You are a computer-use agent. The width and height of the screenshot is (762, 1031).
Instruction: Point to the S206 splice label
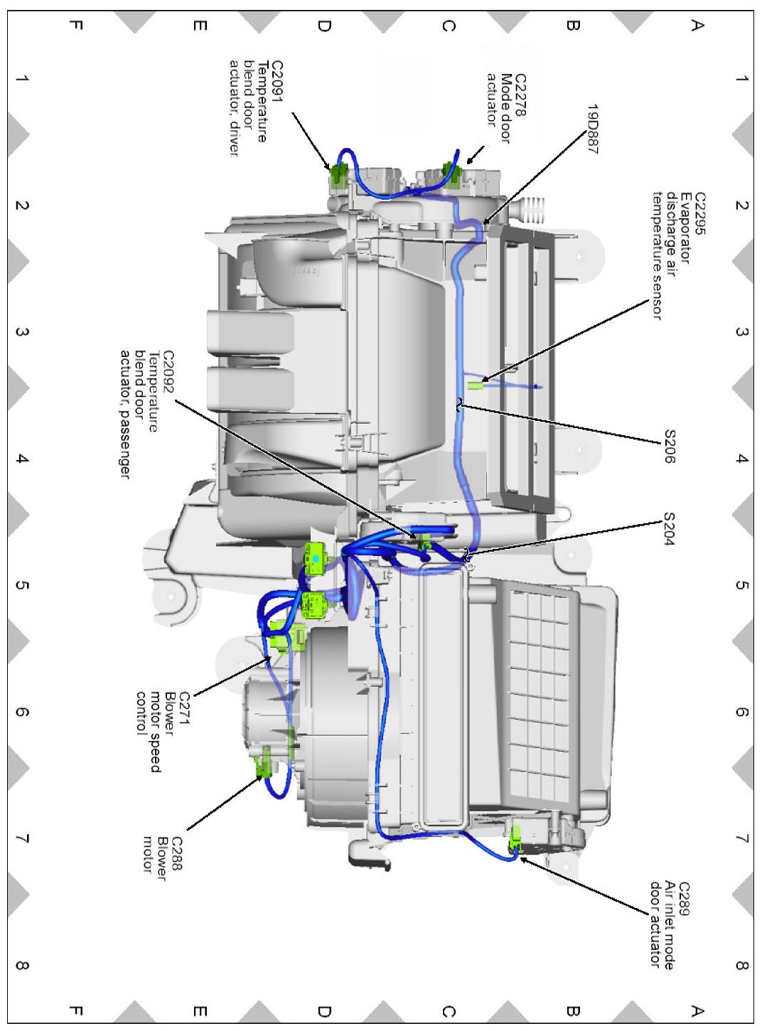[x=669, y=446]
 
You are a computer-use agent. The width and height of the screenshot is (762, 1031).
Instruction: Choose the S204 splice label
[x=669, y=529]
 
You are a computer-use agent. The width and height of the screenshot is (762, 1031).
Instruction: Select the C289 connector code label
[x=683, y=900]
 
